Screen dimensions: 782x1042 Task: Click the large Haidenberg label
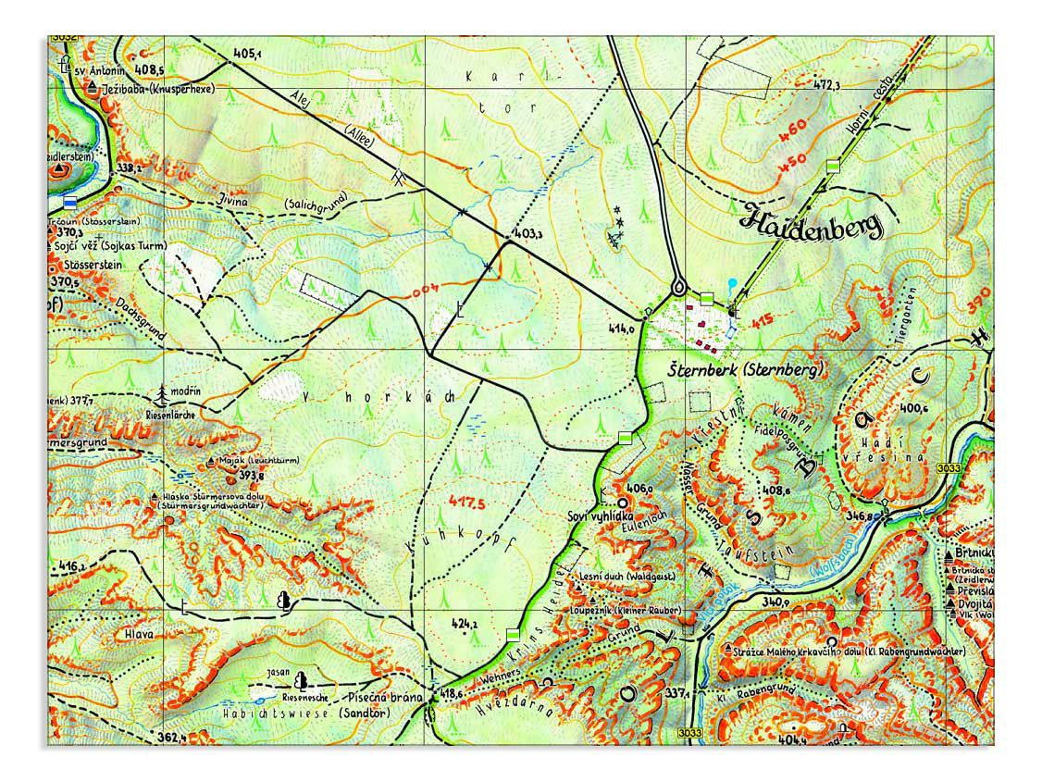pos(812,222)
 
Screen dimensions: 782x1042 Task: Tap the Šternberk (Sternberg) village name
pos(745,369)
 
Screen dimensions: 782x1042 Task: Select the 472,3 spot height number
pos(826,85)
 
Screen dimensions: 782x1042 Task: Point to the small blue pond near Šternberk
pos(733,283)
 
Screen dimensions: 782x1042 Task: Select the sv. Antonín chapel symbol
pos(65,67)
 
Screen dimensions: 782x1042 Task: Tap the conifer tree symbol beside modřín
pos(164,395)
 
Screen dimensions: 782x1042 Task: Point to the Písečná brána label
pos(386,697)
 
